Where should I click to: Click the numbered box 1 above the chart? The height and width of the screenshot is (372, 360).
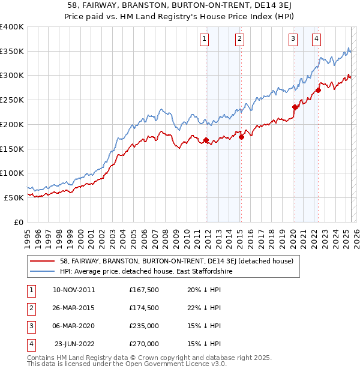pos(205,40)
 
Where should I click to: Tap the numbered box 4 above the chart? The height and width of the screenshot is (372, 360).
pos(316,40)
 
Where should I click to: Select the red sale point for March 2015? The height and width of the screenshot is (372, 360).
pos(241,137)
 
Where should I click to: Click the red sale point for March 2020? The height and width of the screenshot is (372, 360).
pos(295,107)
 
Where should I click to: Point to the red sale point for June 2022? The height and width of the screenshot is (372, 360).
pos(319,90)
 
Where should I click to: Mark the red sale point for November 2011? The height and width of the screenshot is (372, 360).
pos(206,140)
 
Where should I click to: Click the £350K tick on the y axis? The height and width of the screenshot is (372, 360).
pos(12,51)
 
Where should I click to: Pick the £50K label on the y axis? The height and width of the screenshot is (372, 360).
pos(14,197)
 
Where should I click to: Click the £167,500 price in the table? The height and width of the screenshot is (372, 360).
pos(144,289)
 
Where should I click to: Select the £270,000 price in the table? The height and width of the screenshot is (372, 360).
pos(144,344)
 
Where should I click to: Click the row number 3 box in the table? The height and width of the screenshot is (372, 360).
pos(29,326)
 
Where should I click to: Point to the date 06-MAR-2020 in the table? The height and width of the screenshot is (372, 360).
pos(74,326)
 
